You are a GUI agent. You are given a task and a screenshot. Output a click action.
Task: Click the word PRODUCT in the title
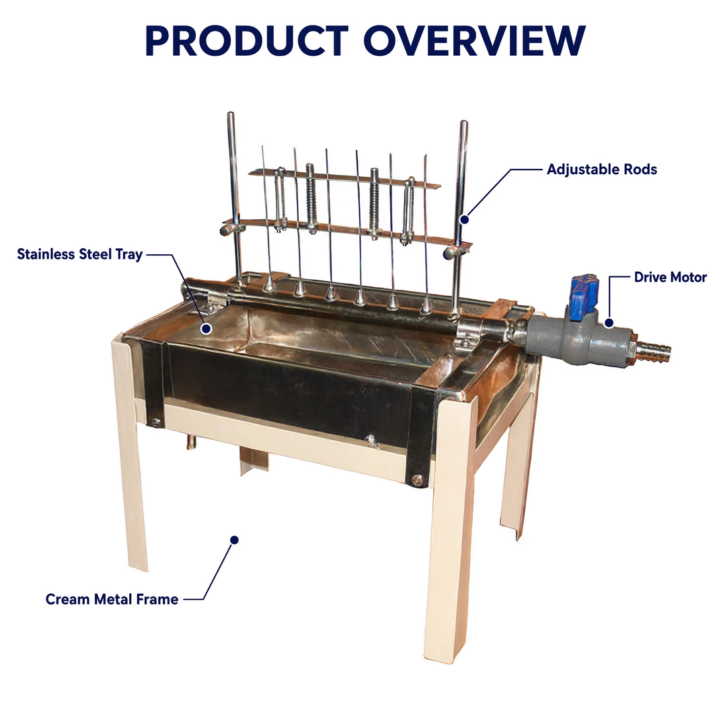click(x=247, y=41)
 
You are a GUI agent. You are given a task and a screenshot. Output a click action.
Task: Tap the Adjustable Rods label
click(x=602, y=169)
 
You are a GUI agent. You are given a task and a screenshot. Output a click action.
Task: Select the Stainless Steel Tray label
click(x=79, y=254)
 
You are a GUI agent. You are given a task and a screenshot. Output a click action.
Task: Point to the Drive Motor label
click(x=671, y=277)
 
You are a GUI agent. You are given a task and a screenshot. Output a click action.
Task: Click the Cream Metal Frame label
click(x=112, y=599)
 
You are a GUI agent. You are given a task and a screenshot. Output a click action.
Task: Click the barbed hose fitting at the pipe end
click(x=652, y=349)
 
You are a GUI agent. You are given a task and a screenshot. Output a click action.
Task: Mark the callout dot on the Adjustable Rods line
click(x=465, y=219)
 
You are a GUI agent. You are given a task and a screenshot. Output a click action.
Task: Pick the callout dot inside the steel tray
click(x=206, y=328)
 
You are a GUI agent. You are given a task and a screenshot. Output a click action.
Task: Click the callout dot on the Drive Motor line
click(x=609, y=323)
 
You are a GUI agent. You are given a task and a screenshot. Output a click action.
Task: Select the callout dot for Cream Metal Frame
click(x=235, y=540)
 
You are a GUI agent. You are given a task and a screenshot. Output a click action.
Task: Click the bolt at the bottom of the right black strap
click(x=416, y=480)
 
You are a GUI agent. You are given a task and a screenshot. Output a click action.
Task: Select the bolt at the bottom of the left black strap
click(x=156, y=422)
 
